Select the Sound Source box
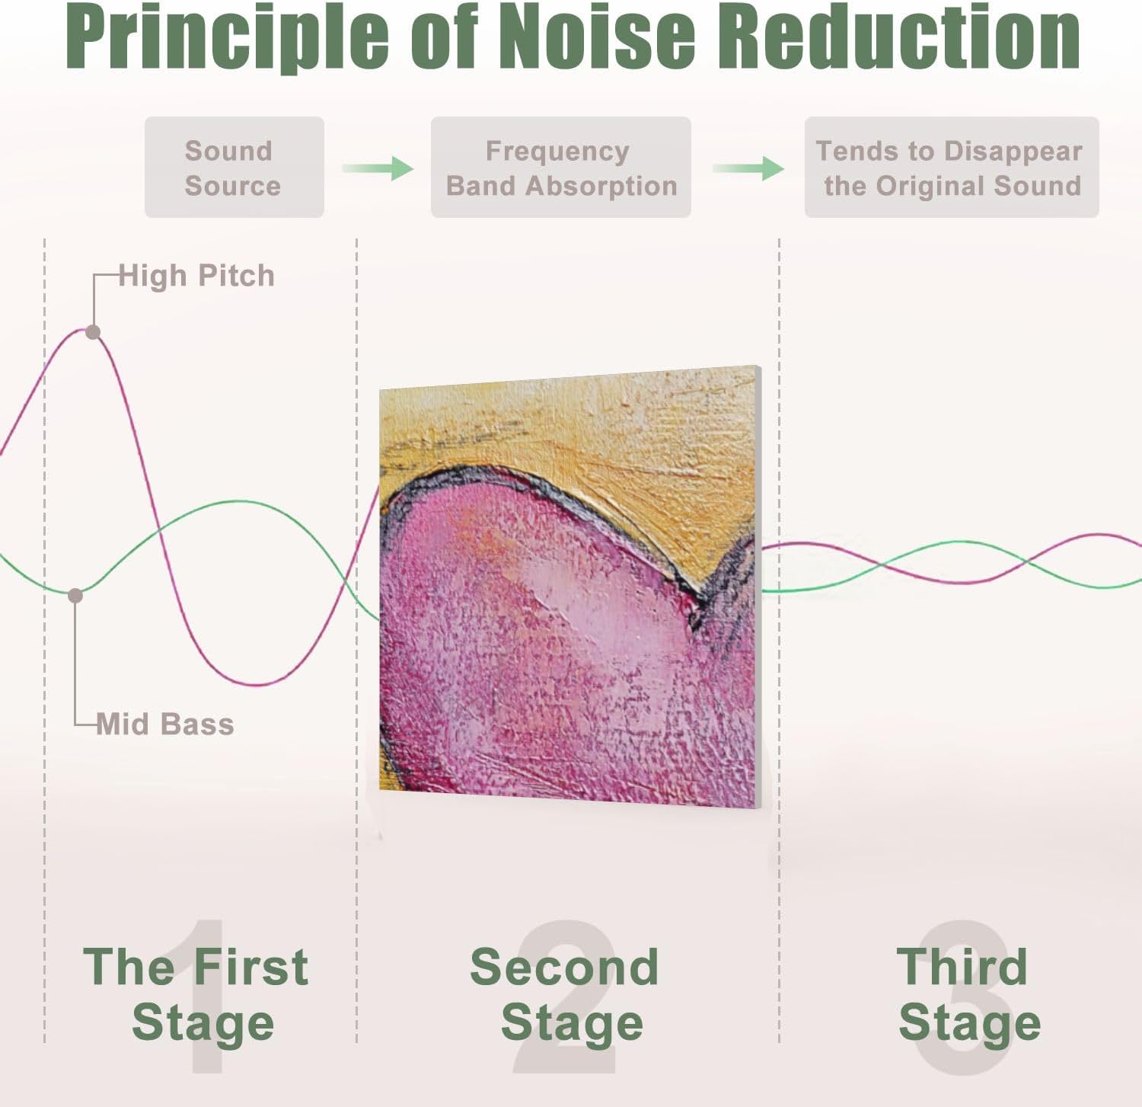pyautogui.click(x=234, y=168)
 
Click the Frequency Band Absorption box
pyautogui.click(x=561, y=168)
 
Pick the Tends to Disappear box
pyautogui.click(x=952, y=168)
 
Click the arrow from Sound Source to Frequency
pyautogui.click(x=378, y=168)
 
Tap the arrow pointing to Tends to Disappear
pyautogui.click(x=748, y=168)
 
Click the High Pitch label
pyautogui.click(x=196, y=276)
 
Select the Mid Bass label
pyautogui.click(x=165, y=724)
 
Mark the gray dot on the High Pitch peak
pyautogui.click(x=93, y=332)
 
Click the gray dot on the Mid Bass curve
pyautogui.click(x=75, y=596)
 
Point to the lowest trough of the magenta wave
pyautogui.click(x=259, y=684)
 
